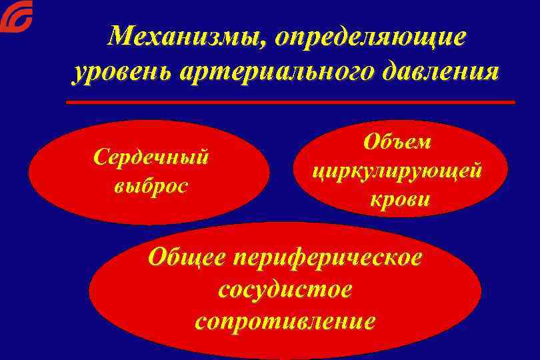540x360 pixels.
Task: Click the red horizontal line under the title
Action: coord(291,102)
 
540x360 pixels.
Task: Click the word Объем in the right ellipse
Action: coord(397,142)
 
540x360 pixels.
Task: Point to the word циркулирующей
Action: coord(397,171)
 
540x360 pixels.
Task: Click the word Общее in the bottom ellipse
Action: coord(189,257)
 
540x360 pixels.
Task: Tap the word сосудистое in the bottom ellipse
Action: coord(285,289)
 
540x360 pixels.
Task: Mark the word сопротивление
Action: coord(285,321)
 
